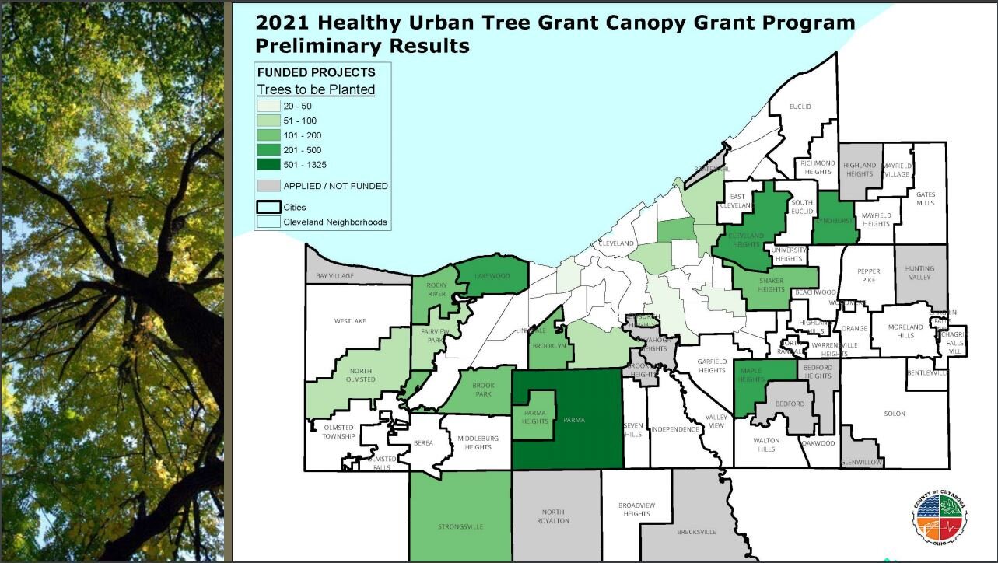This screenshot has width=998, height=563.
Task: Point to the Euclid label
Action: coord(800,106)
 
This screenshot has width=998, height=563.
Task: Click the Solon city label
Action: coord(895,414)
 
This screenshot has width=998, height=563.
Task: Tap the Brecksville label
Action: coord(696,532)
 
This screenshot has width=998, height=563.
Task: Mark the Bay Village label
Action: coord(334,276)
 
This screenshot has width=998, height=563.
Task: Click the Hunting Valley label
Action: coord(919,273)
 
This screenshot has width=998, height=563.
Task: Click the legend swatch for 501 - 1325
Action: coord(269,164)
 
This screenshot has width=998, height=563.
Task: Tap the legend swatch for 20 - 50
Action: coord(269,106)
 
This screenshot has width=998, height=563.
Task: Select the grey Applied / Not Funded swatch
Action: coord(269,186)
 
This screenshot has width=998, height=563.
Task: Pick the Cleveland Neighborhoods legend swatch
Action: coord(269,222)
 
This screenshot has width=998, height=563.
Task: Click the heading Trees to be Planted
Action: coord(316,89)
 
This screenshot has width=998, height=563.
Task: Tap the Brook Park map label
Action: coord(483,389)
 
